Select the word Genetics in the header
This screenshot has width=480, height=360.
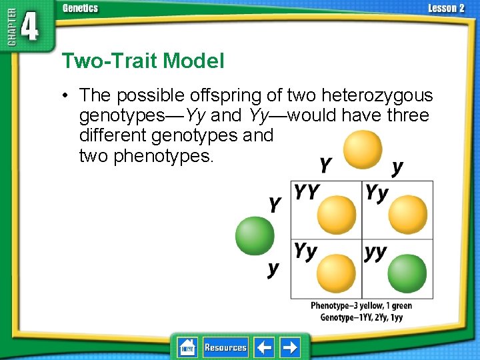pos(80,8)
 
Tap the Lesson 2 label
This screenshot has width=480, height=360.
pos(446,8)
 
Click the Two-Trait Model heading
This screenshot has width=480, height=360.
pos(143,61)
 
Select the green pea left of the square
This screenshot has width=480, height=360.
pos(255,236)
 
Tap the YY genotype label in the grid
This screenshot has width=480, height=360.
pos(307,192)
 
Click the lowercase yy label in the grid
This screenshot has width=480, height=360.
pos(376,253)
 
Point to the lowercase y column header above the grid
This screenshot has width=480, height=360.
pos(397,167)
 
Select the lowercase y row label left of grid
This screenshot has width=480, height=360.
pos(273,269)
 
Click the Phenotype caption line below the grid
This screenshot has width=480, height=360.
pos(361,306)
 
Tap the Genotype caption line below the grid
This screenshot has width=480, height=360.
pos(361,317)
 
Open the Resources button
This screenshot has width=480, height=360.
pos(225,347)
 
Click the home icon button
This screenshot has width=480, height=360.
pos(187,347)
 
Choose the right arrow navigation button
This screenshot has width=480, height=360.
pos(290,347)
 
